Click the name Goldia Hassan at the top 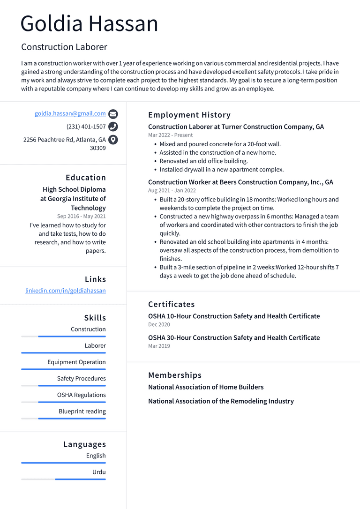[x=89, y=23]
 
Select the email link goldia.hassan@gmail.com [x=70, y=113]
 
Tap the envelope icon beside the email [x=113, y=114]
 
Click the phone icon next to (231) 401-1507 [x=113, y=127]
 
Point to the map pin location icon [x=113, y=140]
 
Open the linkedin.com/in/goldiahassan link [x=65, y=291]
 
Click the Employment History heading [x=189, y=115]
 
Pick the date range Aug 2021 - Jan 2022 [x=172, y=190]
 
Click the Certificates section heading [x=171, y=304]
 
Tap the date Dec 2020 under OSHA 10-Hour [x=159, y=324]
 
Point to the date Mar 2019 [x=159, y=346]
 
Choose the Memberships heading [x=175, y=375]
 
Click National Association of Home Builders [x=206, y=387]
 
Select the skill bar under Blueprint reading [x=63, y=418]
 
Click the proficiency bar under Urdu [x=63, y=479]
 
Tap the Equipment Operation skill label [x=76, y=362]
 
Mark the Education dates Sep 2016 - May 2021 [x=81, y=216]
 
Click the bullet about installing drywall [x=221, y=170]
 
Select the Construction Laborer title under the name [x=64, y=47]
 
